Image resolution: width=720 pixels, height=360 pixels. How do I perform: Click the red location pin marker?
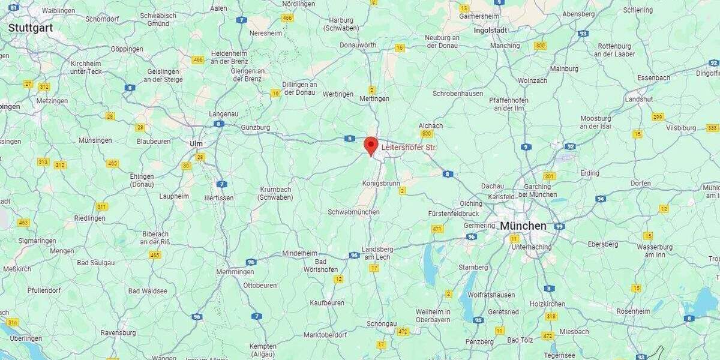point(371,145)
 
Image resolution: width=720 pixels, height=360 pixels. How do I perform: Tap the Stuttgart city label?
point(30,28)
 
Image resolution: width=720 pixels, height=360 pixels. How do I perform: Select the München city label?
point(523,226)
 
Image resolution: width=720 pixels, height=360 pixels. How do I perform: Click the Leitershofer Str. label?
point(409,146)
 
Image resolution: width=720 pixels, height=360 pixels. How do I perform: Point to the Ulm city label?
point(196,143)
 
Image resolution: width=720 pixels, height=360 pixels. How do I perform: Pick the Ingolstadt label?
point(490,30)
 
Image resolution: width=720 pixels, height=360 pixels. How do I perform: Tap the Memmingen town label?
point(235,272)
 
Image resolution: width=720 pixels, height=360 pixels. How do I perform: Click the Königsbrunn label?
point(381,183)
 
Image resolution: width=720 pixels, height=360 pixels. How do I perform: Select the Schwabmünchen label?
point(353,212)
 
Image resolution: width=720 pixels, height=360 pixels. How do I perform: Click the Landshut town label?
point(638,99)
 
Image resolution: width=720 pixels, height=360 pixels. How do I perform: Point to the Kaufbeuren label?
point(327,303)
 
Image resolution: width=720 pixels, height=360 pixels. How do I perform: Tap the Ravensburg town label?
point(118,332)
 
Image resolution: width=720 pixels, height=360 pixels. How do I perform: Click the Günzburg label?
point(256,128)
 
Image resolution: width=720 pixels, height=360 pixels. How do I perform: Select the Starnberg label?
point(473,267)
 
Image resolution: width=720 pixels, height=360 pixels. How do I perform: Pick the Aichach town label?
point(430,125)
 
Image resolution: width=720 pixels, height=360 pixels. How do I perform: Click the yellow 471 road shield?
point(437,229)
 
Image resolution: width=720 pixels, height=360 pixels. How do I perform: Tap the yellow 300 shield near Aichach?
point(427,134)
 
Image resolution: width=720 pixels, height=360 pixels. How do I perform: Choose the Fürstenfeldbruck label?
point(454,214)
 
